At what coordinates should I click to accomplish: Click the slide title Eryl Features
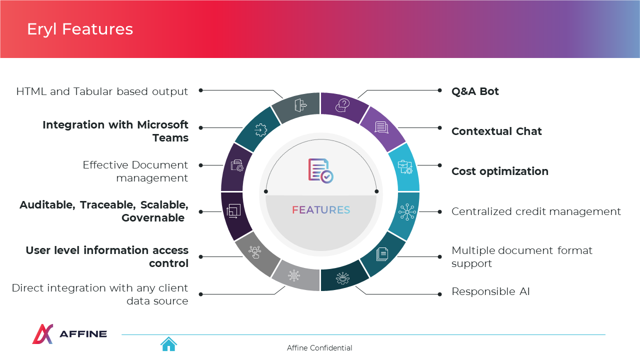click(80, 29)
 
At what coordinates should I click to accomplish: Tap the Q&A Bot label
click(475, 91)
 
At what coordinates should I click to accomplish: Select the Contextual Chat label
click(496, 131)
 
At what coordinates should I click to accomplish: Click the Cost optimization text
click(500, 171)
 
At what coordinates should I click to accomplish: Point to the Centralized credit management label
click(536, 211)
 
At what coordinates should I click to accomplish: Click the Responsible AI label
click(490, 291)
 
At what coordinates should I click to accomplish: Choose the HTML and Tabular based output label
click(102, 91)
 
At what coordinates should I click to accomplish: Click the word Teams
click(170, 138)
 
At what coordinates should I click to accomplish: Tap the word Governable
click(153, 218)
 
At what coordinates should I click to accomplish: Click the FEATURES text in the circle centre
click(321, 210)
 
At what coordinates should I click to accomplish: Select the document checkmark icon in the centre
click(320, 170)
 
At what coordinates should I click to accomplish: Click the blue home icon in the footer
click(168, 344)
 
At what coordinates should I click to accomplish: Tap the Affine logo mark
click(42, 333)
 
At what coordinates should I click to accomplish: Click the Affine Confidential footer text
click(319, 348)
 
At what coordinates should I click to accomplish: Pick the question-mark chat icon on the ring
click(342, 105)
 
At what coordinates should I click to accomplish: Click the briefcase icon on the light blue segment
click(405, 167)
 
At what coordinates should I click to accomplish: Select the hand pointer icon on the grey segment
click(254, 252)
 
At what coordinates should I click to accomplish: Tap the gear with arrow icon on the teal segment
click(260, 130)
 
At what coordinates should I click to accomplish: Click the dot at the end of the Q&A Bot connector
click(439, 90)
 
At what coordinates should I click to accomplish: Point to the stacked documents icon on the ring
click(382, 254)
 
